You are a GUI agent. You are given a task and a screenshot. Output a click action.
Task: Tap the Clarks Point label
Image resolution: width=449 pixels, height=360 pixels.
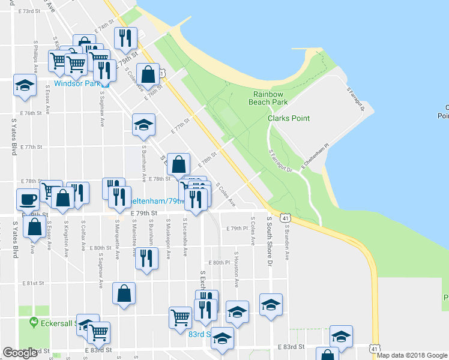pos(289,118)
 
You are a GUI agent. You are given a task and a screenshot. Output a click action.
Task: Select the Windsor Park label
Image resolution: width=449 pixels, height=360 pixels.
pos(77,83)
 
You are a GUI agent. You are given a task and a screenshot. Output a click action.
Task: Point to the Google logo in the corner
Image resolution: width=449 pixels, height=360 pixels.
pos(20,353)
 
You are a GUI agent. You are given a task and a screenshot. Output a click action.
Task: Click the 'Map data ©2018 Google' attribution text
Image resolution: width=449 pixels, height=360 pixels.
pos(412,355)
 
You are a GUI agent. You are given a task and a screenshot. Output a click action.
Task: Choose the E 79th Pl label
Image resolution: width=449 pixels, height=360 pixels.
pos(238,228)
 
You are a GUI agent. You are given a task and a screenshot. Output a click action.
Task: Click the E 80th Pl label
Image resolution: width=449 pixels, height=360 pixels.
pos(220,263)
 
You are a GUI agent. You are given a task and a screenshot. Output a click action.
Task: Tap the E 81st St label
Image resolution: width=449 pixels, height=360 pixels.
pos(33,283)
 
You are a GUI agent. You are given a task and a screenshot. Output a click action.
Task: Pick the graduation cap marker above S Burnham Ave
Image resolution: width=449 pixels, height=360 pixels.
pos(143,124)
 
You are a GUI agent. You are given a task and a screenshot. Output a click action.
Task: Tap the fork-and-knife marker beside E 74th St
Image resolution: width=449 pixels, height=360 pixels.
pos(125,38)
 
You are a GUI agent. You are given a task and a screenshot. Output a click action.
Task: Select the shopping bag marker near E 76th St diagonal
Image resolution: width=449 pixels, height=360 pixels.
pos(148,74)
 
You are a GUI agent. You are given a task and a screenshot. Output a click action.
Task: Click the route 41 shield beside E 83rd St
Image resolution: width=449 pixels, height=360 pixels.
pos(375,347)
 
